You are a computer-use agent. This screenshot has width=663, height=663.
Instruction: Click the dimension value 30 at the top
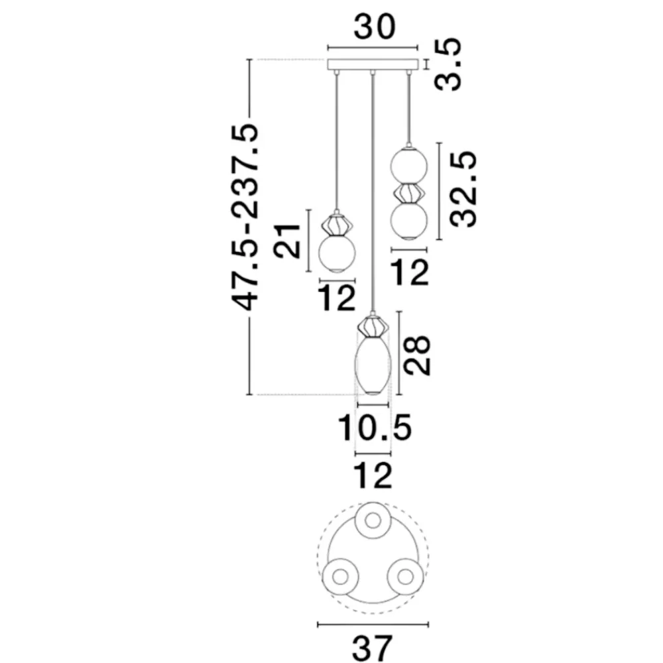coord(374,27)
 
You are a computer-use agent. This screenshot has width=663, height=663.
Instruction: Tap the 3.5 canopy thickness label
coord(449,64)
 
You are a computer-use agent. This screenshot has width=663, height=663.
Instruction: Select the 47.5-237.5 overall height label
coord(245,217)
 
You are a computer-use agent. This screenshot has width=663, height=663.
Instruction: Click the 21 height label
coord(287,241)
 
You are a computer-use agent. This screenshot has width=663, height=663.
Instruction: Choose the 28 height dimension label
coord(417,355)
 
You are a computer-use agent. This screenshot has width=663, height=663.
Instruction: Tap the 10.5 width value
coord(375,428)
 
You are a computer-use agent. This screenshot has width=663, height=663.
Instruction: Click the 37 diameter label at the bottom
coord(373,648)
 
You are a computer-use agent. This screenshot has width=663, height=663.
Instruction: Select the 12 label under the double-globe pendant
coord(410,272)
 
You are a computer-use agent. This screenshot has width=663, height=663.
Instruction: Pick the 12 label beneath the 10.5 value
coord(373,475)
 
